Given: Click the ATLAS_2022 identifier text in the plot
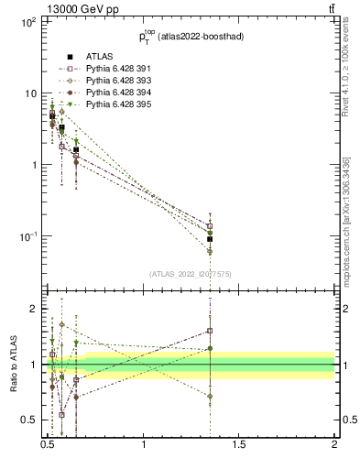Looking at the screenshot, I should click(x=191, y=273).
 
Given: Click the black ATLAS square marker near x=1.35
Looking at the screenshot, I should click(x=210, y=239).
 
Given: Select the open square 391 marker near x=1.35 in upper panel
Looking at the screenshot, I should click(x=210, y=225).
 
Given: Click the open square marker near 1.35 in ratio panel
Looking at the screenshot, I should click(x=210, y=331).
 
